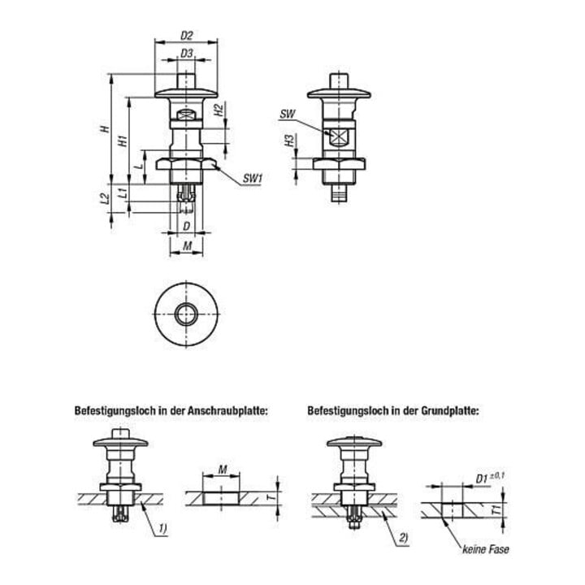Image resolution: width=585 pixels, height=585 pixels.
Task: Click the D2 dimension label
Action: pyautogui.click(x=187, y=36)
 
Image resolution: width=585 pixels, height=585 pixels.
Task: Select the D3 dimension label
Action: pyautogui.click(x=187, y=54)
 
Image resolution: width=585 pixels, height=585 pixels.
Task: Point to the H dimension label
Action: pyautogui.click(x=106, y=128)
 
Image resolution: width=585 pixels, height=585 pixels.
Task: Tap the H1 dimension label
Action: pyautogui.click(x=123, y=141)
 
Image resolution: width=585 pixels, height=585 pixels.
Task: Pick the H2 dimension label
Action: pyautogui.click(x=219, y=110)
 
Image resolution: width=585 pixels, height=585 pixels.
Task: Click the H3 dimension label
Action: pyautogui.click(x=289, y=141)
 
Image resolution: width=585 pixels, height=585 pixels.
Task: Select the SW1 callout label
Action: pyautogui.click(x=253, y=179)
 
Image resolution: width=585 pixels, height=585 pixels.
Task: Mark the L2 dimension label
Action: pyautogui.click(x=106, y=198)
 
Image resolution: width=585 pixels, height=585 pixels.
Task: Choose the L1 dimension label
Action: pyautogui.click(x=123, y=193)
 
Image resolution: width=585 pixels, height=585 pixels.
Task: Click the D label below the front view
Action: pyautogui.click(x=187, y=227)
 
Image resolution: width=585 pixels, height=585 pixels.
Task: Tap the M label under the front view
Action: pyautogui.click(x=188, y=246)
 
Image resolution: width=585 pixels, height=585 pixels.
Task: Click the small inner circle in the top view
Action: pyautogui.click(x=186, y=314)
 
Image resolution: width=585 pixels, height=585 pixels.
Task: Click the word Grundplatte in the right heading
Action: pyautogui.click(x=450, y=411)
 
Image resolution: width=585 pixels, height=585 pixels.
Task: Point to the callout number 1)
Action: pyautogui.click(x=162, y=528)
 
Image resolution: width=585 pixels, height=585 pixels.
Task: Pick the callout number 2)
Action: pyautogui.click(x=404, y=538)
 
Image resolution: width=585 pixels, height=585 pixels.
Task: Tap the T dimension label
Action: pyautogui.click(x=272, y=496)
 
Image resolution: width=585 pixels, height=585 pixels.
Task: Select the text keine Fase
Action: pyautogui.click(x=485, y=549)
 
